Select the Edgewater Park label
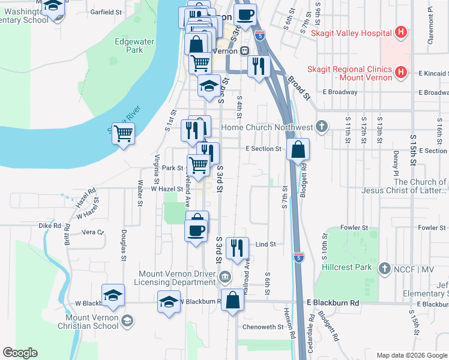click(x=129, y=46)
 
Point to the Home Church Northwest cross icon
click(x=322, y=127)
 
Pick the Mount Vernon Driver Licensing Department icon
click(x=224, y=276)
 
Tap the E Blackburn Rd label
click(x=333, y=304)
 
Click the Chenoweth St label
click(x=262, y=327)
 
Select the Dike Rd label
click(x=50, y=226)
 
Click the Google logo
click(x=20, y=353)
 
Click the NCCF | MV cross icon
click(x=385, y=269)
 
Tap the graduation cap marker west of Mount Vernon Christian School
click(x=113, y=295)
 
